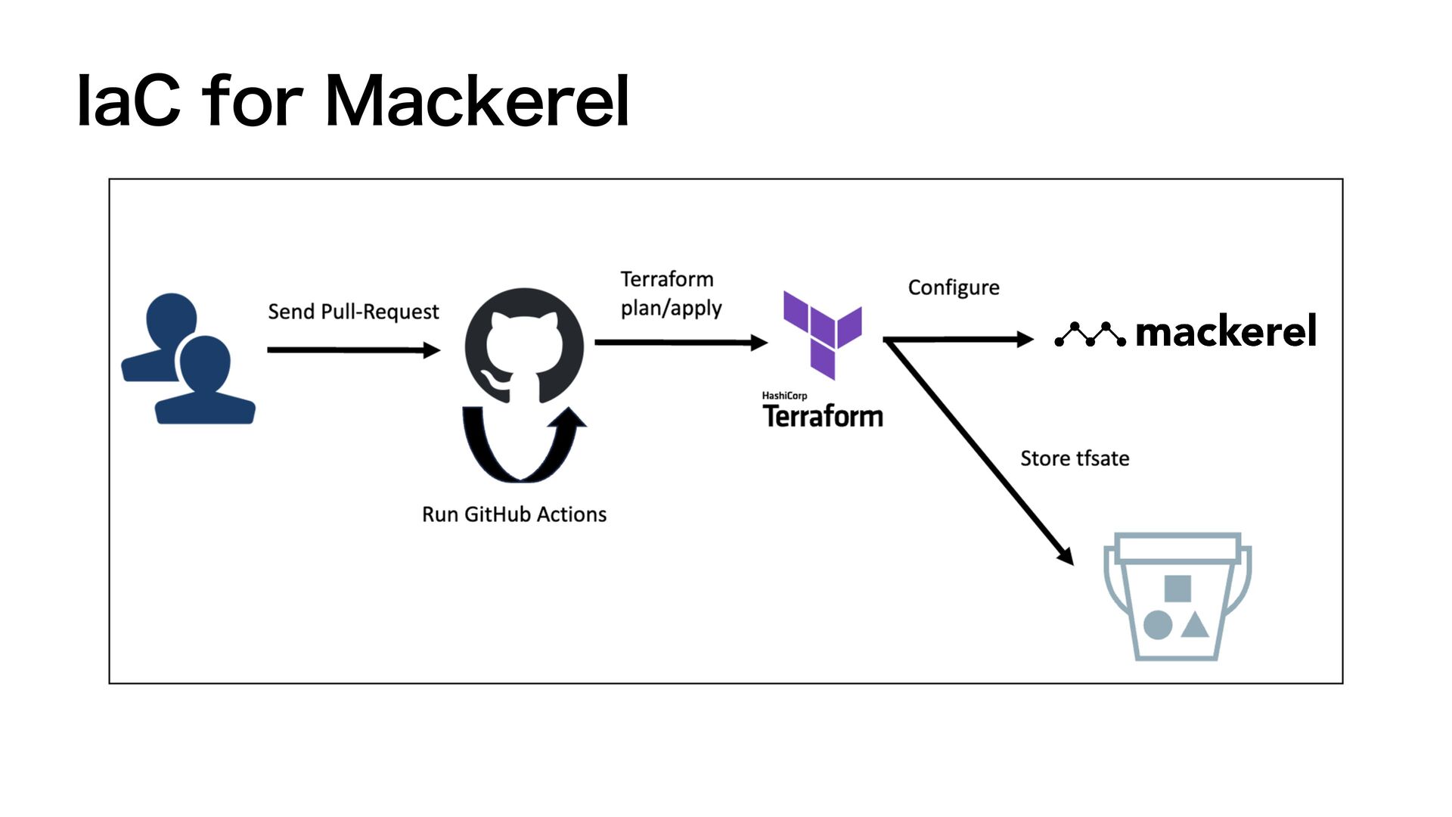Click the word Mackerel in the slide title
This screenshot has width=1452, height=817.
pos(477,101)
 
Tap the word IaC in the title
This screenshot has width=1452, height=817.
pos(129,101)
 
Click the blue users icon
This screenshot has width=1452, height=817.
pos(188,359)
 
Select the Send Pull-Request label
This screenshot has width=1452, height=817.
pos(353,312)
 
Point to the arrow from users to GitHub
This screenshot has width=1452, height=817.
pos(354,349)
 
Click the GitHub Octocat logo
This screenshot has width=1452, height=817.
pos(524,346)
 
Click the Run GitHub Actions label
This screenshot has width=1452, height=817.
pos(514,514)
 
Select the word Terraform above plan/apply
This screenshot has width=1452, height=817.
pos(667,279)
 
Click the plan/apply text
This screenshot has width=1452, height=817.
pos(672,308)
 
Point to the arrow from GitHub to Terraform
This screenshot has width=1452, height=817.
pos(681,343)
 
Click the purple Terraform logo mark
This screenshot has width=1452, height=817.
pos(822,335)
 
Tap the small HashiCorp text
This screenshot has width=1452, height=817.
pos(784,396)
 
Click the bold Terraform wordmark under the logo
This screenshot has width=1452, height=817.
pos(823,416)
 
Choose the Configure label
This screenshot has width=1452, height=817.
pos(954,287)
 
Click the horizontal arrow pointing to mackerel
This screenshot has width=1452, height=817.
pos(959,340)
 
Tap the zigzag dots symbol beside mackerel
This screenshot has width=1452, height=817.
pos(1090,334)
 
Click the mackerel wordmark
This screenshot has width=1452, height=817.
pos(1226,331)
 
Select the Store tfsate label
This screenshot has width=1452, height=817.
pos(1075,458)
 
